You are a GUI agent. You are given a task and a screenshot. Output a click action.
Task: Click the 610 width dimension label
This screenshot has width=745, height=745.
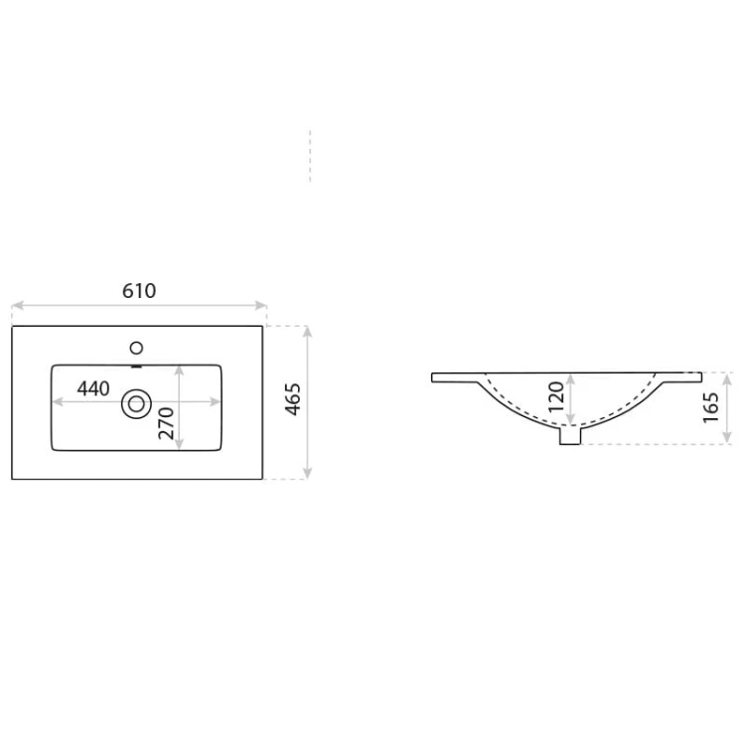click(139, 291)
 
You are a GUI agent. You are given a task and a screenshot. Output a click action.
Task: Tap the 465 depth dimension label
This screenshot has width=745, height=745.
click(293, 399)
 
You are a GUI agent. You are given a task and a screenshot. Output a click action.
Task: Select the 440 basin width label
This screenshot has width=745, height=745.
click(93, 388)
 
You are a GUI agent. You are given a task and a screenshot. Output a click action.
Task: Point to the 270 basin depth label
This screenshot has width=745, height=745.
click(166, 423)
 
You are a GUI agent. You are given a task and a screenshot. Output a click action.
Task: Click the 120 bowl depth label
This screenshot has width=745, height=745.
click(556, 396)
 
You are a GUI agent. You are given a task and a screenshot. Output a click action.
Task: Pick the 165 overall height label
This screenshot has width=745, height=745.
click(711, 407)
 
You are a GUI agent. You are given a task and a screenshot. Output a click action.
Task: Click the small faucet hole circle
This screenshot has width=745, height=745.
click(136, 349)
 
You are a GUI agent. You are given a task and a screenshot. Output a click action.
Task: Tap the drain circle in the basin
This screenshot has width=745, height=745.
click(136, 404)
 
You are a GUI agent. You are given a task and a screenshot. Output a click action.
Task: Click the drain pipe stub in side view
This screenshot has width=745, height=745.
click(570, 436)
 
